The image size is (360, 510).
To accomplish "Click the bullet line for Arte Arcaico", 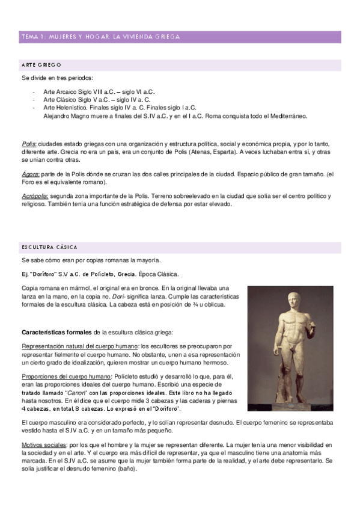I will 99,92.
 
